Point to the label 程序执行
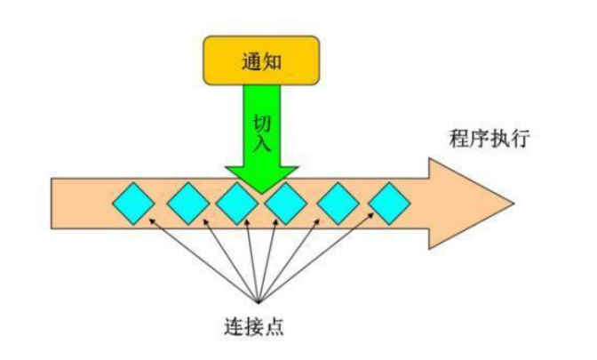click(x=490, y=140)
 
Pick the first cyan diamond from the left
click(x=134, y=203)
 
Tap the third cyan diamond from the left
click(x=237, y=203)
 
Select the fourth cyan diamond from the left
click(x=286, y=203)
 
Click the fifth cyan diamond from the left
click(x=338, y=203)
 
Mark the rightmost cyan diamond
click(x=389, y=203)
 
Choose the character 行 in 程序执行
click(x=520, y=140)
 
